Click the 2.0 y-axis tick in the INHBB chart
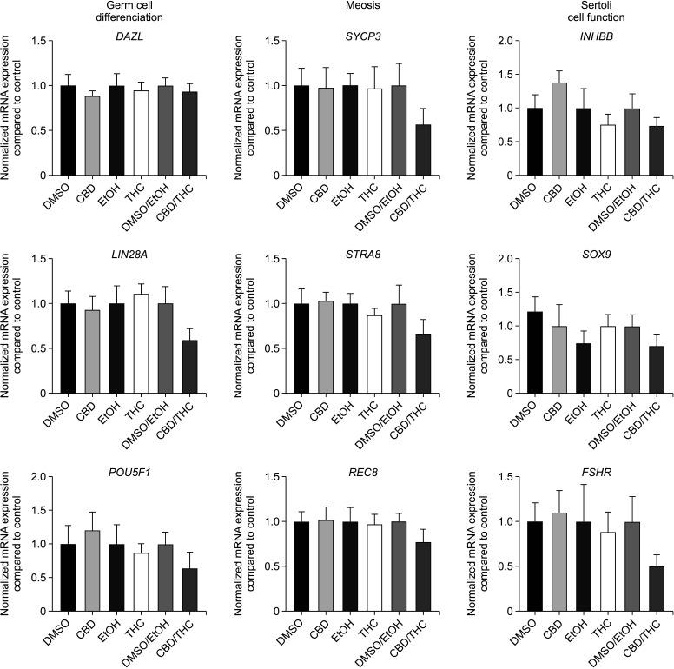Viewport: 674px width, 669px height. pos(486,41)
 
